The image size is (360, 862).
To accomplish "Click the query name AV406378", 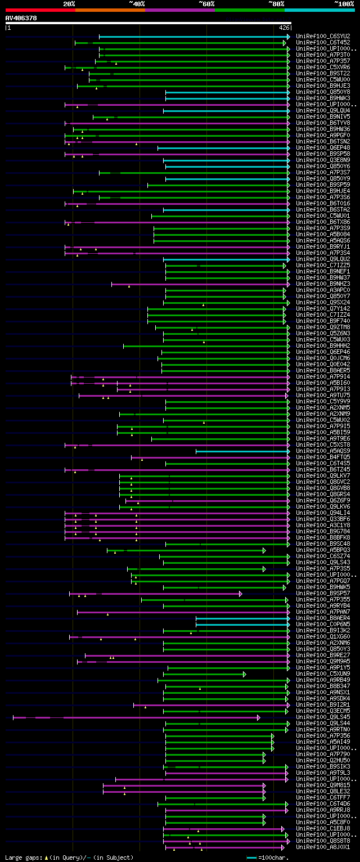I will pyautogui.click(x=21, y=18).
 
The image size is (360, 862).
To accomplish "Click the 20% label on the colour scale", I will pyautogui.click(x=69, y=3).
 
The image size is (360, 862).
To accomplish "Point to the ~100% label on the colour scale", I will pyautogui.click(x=344, y=3).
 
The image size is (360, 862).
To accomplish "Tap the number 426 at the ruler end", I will pyautogui.click(x=284, y=27).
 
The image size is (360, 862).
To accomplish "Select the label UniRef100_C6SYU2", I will pyautogui.click(x=323, y=36).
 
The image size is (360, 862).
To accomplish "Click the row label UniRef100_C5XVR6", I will pyautogui.click(x=323, y=67).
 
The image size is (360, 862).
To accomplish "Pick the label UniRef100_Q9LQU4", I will pyautogui.click(x=323, y=110).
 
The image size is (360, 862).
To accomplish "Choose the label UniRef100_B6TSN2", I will pyautogui.click(x=323, y=141).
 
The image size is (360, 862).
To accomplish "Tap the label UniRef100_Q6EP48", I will pyautogui.click(x=323, y=147).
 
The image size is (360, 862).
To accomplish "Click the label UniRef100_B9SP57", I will pyautogui.click(x=323, y=593).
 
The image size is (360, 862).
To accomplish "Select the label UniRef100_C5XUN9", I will pyautogui.click(x=323, y=674).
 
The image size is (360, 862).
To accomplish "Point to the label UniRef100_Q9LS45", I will pyautogui.click(x=323, y=717).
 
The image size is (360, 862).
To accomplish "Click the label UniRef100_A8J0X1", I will pyautogui.click(x=323, y=847).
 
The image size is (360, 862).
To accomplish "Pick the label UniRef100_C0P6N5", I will pyautogui.click(x=323, y=624).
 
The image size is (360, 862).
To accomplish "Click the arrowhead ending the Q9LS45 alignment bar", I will pyautogui.click(x=259, y=717).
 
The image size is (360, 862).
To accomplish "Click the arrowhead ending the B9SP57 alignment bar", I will pyautogui.click(x=241, y=594).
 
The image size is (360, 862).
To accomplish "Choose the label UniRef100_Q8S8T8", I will pyautogui.click(x=323, y=841).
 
